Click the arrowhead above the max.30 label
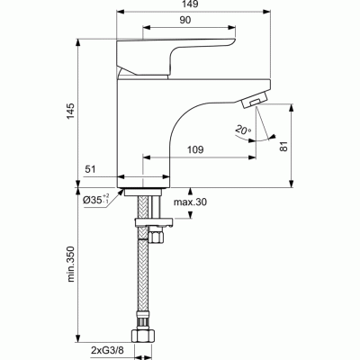click(190, 191)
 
